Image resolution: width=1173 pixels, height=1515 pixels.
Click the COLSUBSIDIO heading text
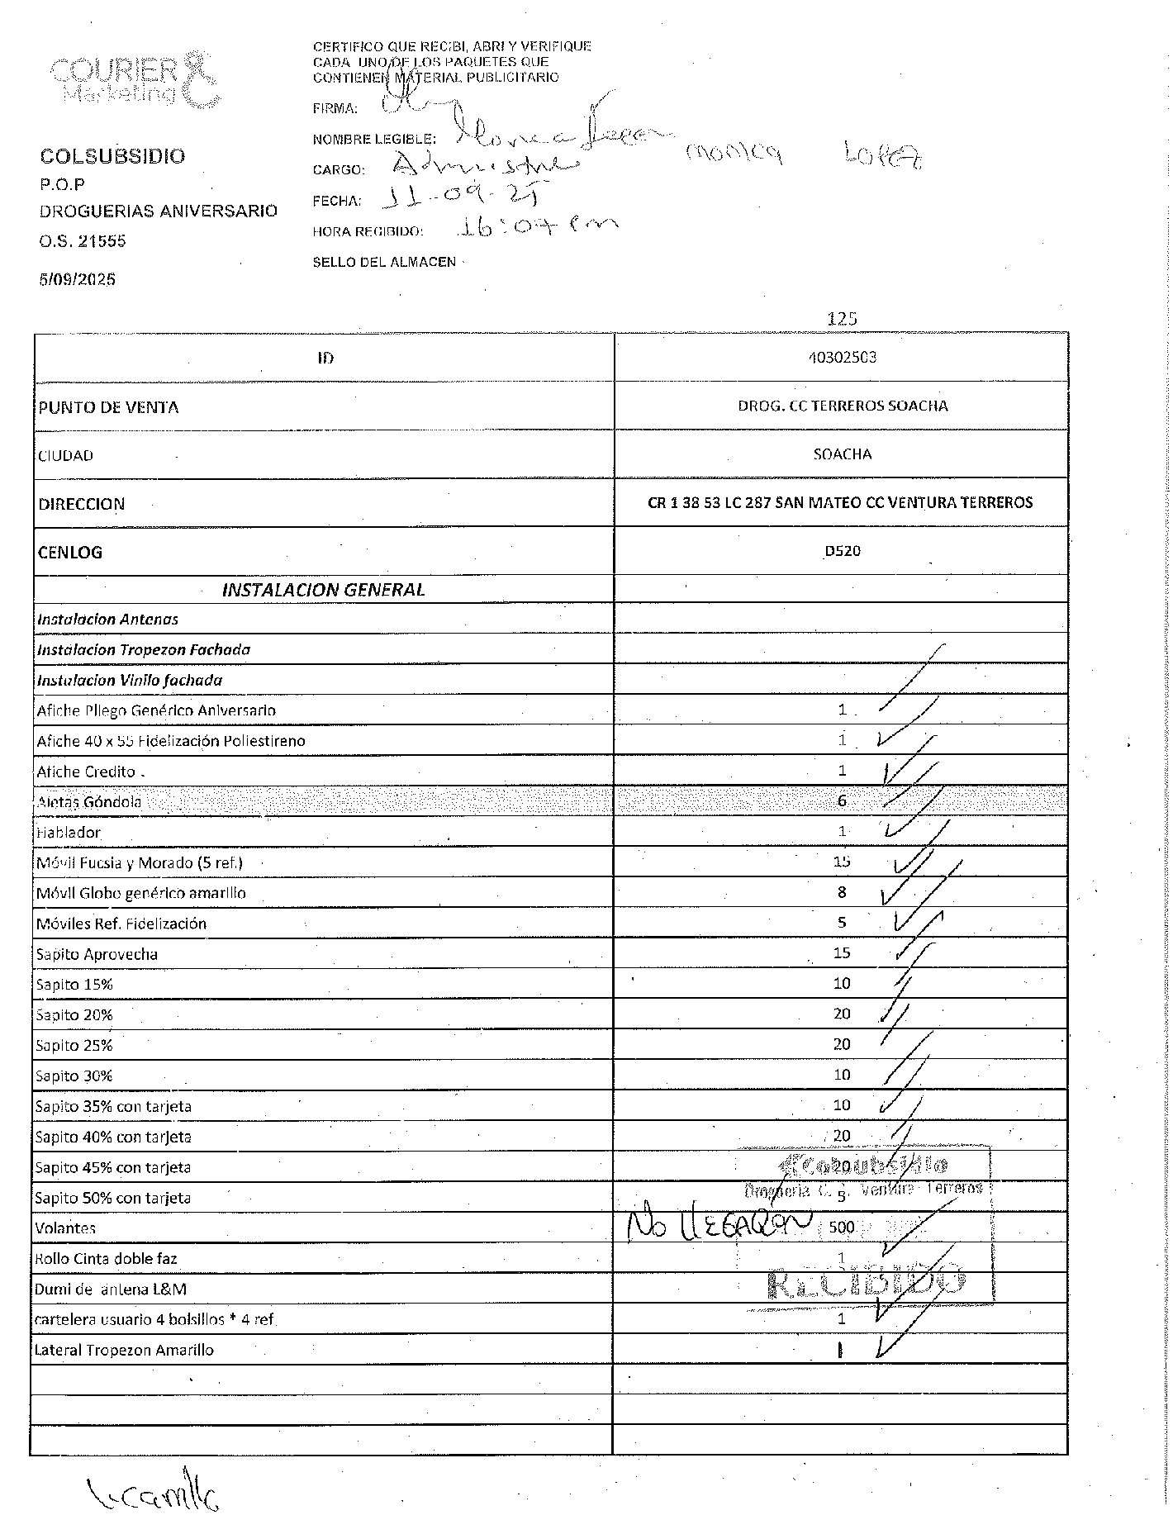[x=112, y=156]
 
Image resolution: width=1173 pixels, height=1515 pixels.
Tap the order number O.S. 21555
[x=83, y=241]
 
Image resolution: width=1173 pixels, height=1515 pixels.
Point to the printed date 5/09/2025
[x=78, y=279]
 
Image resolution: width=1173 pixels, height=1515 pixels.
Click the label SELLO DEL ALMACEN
[x=384, y=262]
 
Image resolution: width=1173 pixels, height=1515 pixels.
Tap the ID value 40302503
[x=842, y=357]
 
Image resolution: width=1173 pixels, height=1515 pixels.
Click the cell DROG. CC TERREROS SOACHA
[x=842, y=406]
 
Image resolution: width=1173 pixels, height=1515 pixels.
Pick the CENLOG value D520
[x=842, y=551]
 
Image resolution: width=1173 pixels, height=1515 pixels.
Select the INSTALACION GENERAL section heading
[x=323, y=589]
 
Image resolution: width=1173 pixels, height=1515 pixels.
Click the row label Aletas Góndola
[x=89, y=801]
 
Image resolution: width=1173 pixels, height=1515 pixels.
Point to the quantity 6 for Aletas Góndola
[x=842, y=800]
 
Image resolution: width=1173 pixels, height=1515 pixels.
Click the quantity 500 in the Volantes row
[x=841, y=1227]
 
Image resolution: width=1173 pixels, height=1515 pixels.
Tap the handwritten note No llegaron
[x=719, y=1224]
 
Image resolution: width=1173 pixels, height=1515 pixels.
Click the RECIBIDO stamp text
[x=865, y=1282]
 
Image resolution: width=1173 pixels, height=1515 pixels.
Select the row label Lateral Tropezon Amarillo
[x=124, y=1350]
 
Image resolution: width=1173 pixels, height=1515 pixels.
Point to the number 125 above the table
[x=842, y=318]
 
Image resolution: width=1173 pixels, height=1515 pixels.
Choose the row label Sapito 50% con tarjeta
[x=114, y=1197]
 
